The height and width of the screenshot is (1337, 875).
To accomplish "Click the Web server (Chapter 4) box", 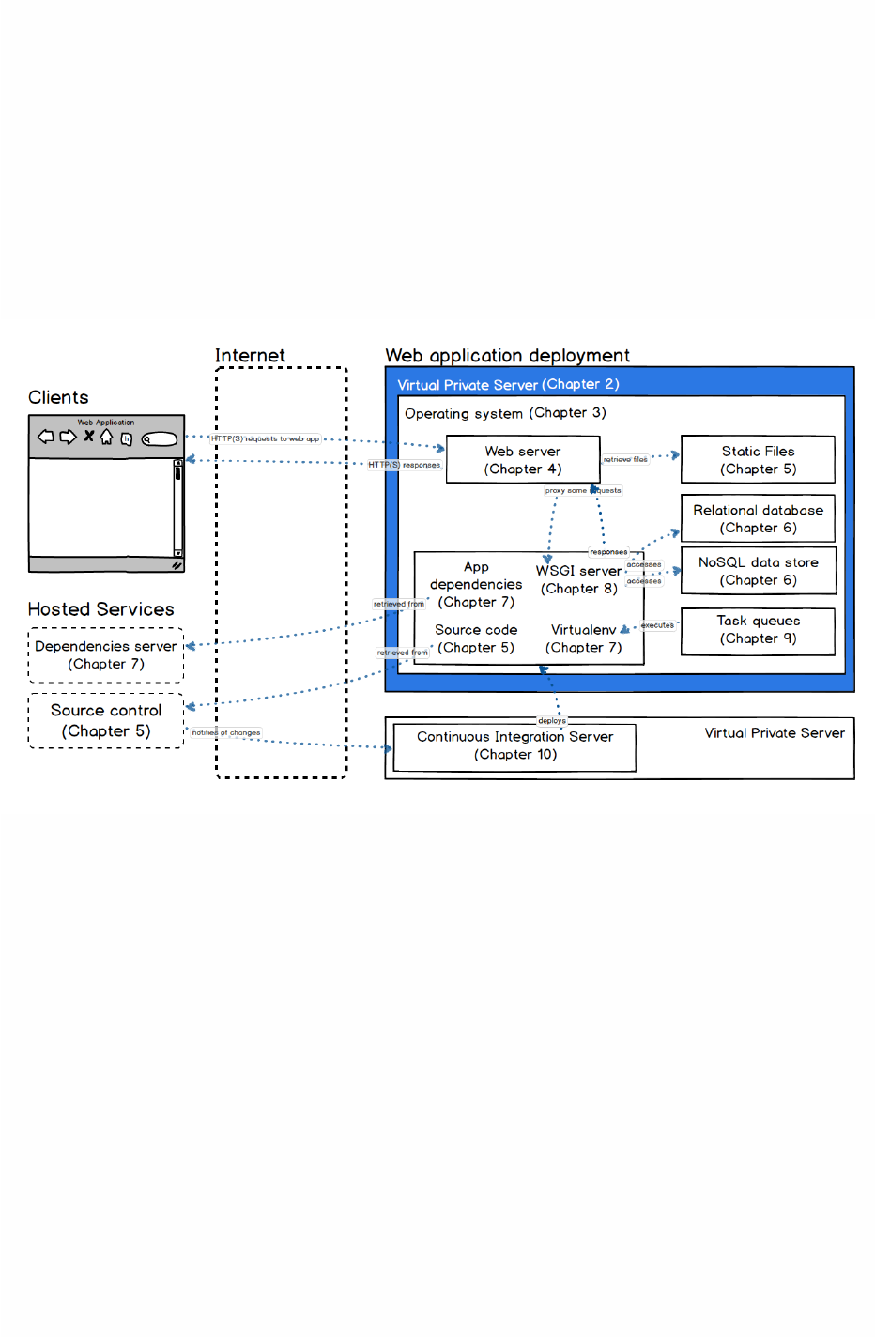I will coord(522,460).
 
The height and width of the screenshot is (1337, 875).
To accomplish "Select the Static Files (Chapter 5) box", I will coord(758,460).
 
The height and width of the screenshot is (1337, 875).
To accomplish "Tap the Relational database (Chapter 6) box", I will coord(758,518).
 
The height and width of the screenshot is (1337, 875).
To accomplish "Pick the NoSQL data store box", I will coord(758,571).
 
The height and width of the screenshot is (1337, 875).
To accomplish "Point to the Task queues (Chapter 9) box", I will coord(758,630).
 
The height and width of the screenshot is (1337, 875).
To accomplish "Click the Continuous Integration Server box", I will coord(514,746).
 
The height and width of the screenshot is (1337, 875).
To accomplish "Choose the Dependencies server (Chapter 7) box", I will coord(106,655).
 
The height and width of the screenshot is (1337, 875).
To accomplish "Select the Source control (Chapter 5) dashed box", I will coord(106,721).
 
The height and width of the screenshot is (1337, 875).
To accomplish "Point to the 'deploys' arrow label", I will coord(552,721).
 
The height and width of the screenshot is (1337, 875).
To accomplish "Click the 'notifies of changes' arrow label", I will coord(226,732).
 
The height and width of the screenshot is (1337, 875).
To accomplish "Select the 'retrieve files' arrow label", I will coord(625,460).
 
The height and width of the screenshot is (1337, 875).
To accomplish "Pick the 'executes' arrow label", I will coord(657,625).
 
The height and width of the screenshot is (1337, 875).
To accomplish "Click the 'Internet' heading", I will coord(250,356).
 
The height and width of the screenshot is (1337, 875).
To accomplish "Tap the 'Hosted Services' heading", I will coord(100,609).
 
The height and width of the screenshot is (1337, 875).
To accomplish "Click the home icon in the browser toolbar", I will coord(107,437).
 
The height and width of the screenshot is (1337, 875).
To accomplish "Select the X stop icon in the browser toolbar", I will coord(89,436).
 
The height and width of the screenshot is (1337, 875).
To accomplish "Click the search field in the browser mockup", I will coord(160,438).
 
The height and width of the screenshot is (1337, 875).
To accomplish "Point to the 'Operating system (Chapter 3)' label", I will coord(505,413).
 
